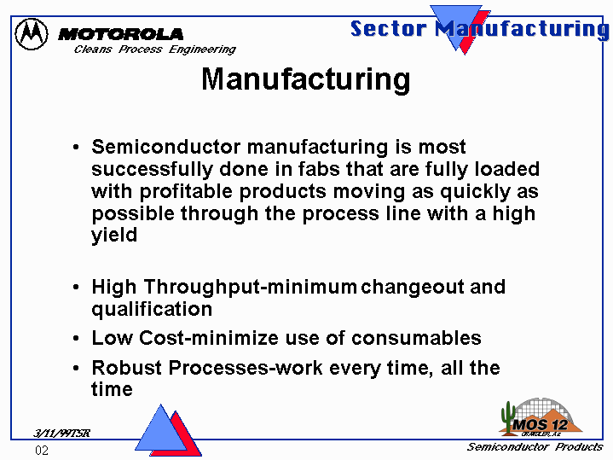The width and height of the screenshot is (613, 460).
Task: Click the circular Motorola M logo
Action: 32,34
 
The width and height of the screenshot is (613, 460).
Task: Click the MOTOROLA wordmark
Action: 120,34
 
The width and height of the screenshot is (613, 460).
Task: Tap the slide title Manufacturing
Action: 306,80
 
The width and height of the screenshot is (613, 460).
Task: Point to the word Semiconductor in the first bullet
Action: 166,147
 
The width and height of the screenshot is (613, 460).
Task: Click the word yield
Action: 114,235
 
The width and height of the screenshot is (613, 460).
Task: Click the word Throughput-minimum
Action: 250,287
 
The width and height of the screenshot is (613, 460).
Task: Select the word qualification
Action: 152,309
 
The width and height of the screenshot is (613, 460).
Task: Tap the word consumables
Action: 416,338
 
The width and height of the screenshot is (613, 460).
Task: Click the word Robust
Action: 127,368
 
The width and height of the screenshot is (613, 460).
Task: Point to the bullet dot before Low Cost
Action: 76,338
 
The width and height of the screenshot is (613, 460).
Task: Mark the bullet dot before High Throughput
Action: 76,288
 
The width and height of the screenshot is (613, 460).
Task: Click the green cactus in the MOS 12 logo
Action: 508,417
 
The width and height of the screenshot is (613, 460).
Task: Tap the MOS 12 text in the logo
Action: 541,424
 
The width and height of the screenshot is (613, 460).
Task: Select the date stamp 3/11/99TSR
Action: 61,433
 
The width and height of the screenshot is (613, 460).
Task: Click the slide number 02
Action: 42,451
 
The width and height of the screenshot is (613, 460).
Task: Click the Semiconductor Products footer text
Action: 535,447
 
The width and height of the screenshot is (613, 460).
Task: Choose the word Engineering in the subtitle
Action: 203,49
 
